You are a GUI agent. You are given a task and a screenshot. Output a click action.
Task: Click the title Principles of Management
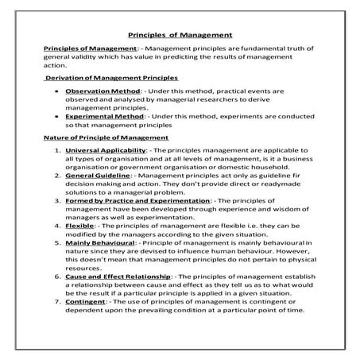(x=180, y=35)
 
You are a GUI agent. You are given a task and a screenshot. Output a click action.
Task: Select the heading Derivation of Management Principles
(x=111, y=78)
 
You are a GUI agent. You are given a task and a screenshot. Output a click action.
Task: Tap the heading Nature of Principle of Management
(x=106, y=137)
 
